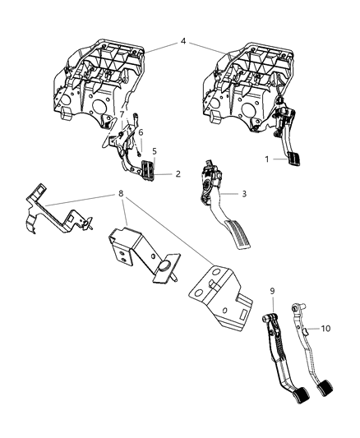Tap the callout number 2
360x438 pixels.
(x=178, y=174)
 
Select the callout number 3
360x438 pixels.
(x=244, y=194)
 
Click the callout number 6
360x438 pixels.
(x=141, y=132)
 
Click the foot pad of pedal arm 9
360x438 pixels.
(x=283, y=399)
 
